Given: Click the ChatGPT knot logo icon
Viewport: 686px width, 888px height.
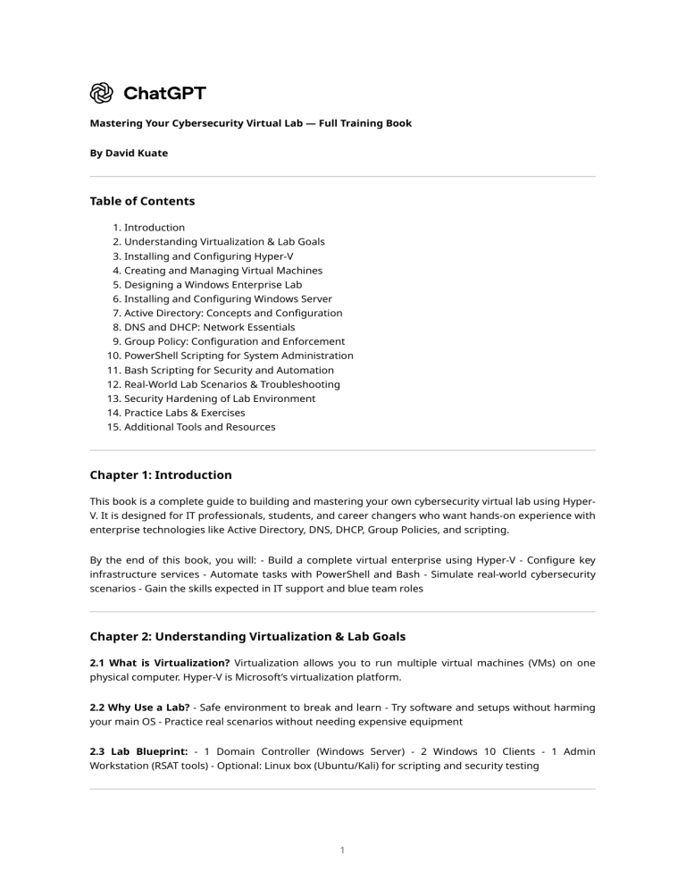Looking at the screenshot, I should point(102,93).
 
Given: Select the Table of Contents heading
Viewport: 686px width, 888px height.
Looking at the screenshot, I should point(142,201).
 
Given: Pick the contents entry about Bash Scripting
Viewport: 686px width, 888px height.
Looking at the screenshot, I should point(229,371).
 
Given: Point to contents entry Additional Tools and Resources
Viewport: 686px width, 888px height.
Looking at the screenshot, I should point(199,428).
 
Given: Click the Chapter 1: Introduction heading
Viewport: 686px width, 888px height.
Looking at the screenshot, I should point(161,475).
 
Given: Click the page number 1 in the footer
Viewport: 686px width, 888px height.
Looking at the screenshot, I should point(343,851).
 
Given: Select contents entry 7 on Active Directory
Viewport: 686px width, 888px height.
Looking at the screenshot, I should point(232,314).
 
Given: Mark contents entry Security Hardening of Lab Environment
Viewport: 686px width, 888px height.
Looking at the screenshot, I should point(219,399).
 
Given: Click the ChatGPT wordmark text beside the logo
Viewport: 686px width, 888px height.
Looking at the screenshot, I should point(164,93).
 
